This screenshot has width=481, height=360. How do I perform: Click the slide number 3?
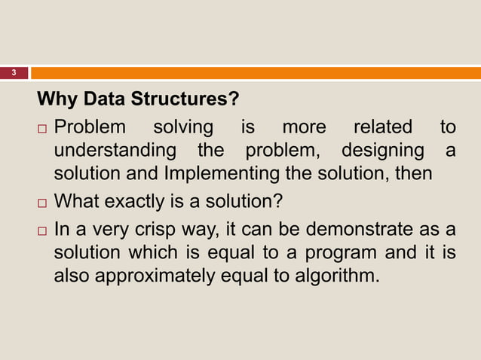[13, 73]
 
